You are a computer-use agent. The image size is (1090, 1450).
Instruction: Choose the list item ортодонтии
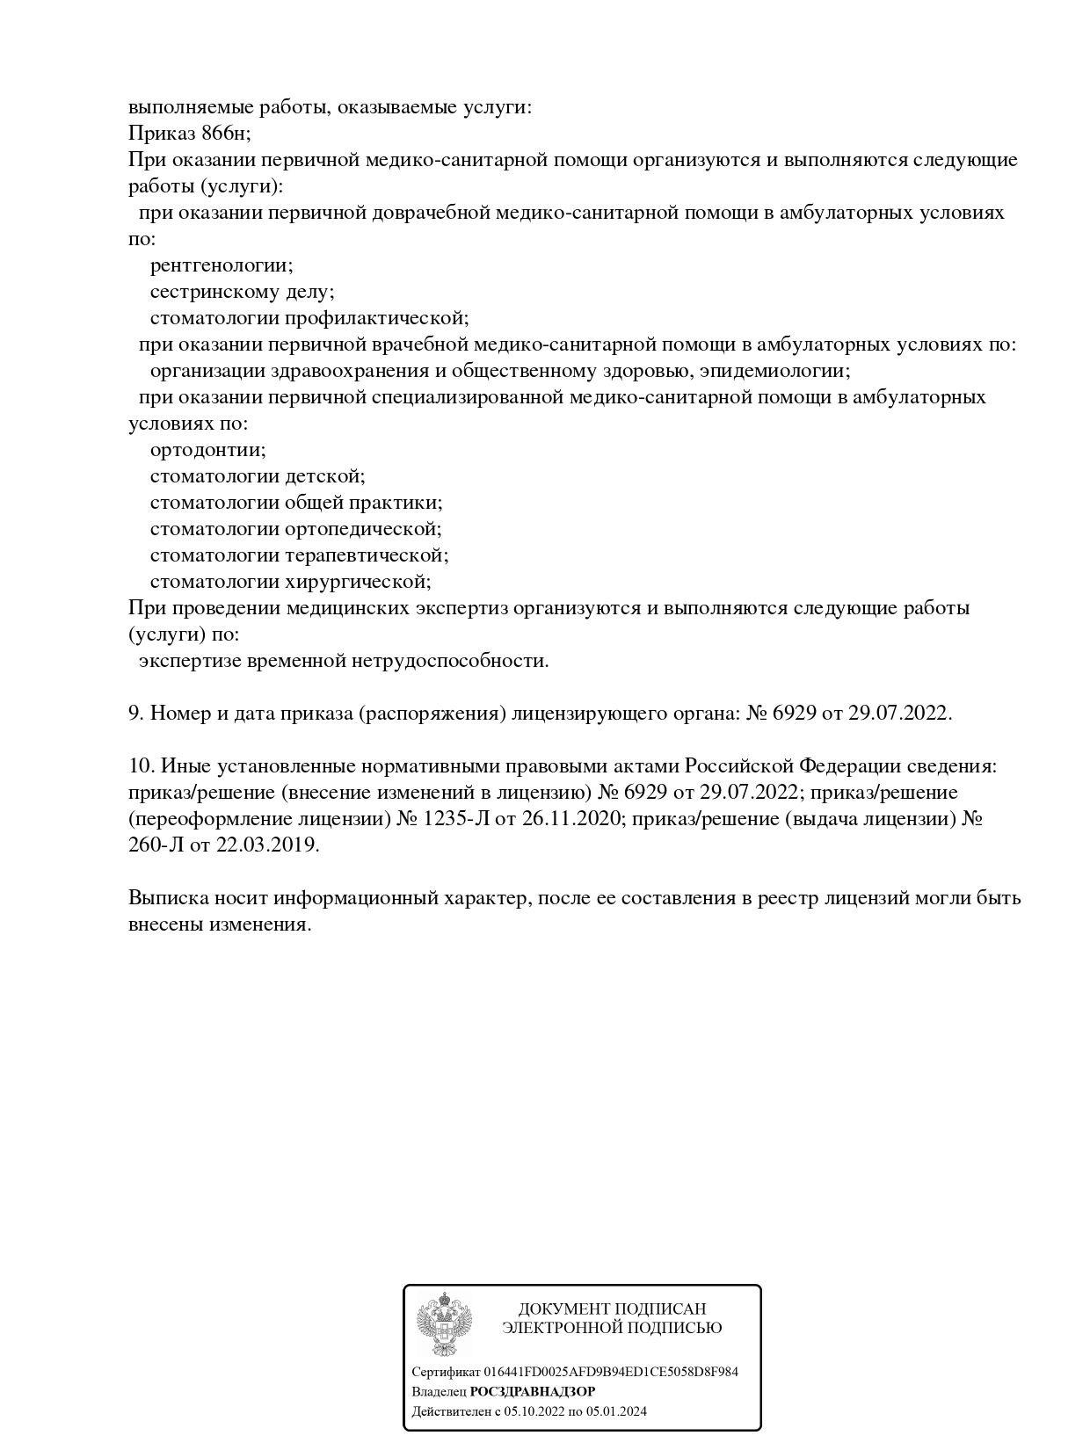pos(207,450)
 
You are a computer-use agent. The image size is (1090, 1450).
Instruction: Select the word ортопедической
pos(363,529)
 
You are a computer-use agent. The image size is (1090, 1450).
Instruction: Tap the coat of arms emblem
pos(445,1323)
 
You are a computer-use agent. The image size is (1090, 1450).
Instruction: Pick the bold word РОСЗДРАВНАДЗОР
pos(533,1392)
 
